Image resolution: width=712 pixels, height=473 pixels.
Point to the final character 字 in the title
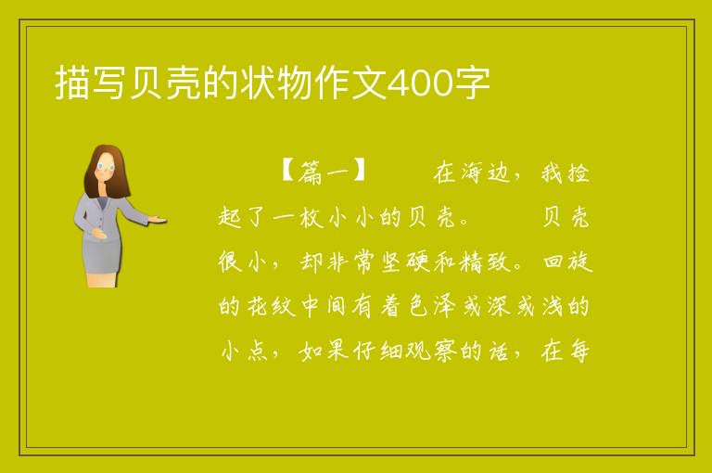472,83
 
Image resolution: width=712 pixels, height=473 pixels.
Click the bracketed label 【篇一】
324,172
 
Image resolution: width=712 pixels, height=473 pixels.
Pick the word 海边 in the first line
486,173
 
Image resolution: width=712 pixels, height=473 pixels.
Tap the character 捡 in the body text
578,173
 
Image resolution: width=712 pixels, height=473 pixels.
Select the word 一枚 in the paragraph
298,217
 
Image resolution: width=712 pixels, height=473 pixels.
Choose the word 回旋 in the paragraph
567,262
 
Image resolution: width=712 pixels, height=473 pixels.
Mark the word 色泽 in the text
431,306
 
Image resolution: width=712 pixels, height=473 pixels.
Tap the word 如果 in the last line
324,351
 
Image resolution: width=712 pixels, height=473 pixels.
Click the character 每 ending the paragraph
578,351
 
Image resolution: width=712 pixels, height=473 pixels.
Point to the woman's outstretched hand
158,221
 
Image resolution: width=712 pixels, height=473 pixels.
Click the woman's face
107,167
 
